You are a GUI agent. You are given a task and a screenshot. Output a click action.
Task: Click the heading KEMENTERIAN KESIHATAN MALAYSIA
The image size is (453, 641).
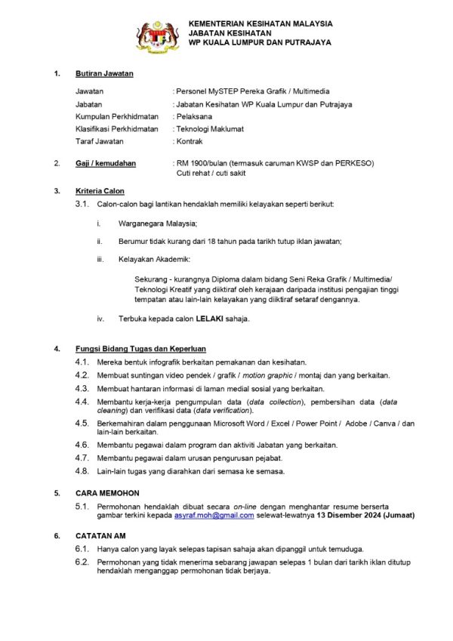point(260,23)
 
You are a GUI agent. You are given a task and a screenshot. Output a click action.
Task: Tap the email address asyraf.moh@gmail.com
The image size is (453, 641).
point(214,514)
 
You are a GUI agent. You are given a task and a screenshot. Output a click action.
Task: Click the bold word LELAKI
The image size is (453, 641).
point(210,319)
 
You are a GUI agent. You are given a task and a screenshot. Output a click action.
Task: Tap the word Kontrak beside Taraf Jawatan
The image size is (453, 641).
point(190,141)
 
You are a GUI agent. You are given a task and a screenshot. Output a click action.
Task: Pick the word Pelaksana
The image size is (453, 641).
point(194,116)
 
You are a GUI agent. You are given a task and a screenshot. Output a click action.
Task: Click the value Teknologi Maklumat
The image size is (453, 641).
point(210,129)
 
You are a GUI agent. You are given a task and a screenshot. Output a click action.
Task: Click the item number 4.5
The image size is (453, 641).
point(82,424)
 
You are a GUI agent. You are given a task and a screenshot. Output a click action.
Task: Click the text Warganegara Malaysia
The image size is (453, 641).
point(158,223)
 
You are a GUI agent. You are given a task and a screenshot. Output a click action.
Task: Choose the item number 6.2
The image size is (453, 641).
point(82,562)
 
